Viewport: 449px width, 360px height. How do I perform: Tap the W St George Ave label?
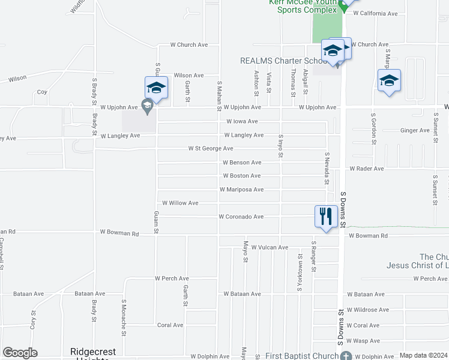point(211,148)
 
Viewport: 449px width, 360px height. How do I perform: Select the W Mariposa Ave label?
point(241,190)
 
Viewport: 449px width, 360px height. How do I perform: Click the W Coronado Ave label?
point(241,217)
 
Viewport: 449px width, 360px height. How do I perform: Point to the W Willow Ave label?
point(180,203)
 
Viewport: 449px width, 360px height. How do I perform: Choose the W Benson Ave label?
point(242,163)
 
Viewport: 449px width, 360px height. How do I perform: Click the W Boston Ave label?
point(241,176)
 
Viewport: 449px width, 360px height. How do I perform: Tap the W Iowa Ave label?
point(242,121)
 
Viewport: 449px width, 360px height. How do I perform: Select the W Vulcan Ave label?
point(270,247)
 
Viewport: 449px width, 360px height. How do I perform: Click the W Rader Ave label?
point(366,169)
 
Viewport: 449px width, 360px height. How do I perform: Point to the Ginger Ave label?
point(415,130)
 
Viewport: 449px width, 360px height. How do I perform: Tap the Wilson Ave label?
point(188,76)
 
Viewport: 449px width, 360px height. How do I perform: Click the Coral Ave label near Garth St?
point(170,325)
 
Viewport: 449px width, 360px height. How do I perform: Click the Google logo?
point(20,353)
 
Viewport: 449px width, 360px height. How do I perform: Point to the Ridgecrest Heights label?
point(93,353)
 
